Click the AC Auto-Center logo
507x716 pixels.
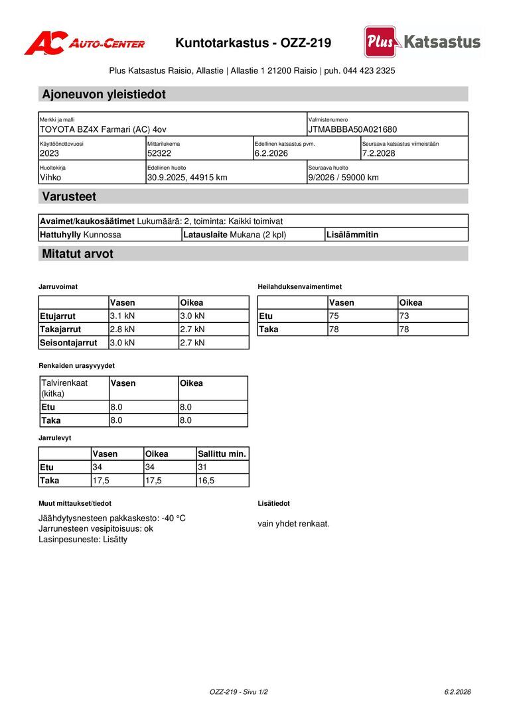(84, 43)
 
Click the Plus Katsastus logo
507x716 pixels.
(422, 42)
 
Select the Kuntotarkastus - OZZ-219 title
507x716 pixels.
(253, 43)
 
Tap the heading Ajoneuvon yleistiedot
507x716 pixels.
(104, 94)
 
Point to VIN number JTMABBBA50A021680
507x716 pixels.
(352, 129)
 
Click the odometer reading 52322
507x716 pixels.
(159, 153)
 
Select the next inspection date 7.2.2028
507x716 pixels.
(379, 153)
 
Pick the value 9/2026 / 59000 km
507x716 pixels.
(344, 177)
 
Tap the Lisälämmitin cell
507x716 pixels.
(352, 235)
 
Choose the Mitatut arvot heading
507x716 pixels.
(78, 254)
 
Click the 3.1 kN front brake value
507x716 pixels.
(122, 316)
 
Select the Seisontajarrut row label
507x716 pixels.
(68, 343)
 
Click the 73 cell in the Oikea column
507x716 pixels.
(404, 316)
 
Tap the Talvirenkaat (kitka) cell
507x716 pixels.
(64, 388)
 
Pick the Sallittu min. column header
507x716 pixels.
(222, 454)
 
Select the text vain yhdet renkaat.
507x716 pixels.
(293, 524)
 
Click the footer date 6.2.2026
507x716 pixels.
(457, 691)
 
